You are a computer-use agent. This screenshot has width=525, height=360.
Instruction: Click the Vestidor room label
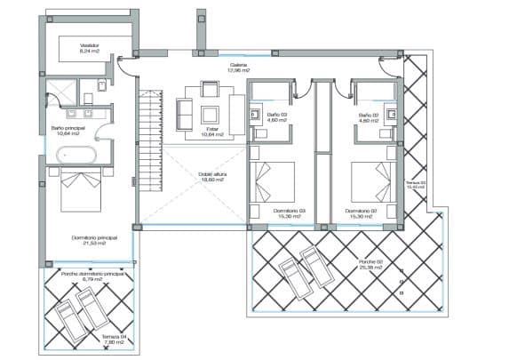(90, 44)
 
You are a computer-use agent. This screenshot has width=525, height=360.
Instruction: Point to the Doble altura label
(211, 175)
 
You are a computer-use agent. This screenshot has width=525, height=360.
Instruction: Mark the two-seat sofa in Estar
(185, 113)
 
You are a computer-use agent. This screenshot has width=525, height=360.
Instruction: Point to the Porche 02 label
(370, 261)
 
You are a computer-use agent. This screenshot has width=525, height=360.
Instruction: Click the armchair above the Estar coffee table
(210, 89)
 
